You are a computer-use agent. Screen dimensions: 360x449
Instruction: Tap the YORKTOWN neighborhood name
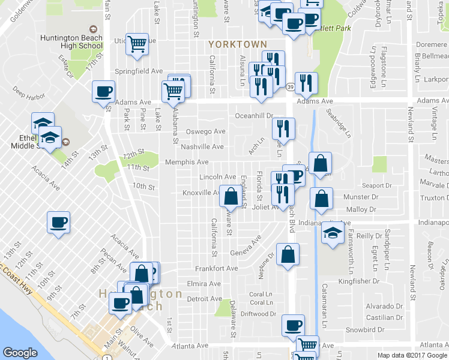tap(237, 44)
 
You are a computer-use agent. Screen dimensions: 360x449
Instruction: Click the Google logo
tap(20, 353)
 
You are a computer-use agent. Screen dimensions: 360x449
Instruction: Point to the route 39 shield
tap(289, 87)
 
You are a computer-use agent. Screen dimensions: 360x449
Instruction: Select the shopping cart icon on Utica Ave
tap(137, 44)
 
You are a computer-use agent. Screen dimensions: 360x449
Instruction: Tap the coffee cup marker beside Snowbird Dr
tap(293, 326)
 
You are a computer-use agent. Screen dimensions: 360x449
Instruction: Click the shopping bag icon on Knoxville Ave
tap(231, 196)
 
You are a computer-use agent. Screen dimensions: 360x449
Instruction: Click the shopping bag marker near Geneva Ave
tap(288, 254)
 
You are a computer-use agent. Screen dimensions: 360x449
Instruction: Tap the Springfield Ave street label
tap(139, 71)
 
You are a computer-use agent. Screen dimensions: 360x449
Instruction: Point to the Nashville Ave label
tap(202, 147)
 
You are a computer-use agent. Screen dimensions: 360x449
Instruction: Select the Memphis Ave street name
tap(190, 162)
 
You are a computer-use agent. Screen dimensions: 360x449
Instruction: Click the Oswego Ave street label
tap(205, 131)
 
